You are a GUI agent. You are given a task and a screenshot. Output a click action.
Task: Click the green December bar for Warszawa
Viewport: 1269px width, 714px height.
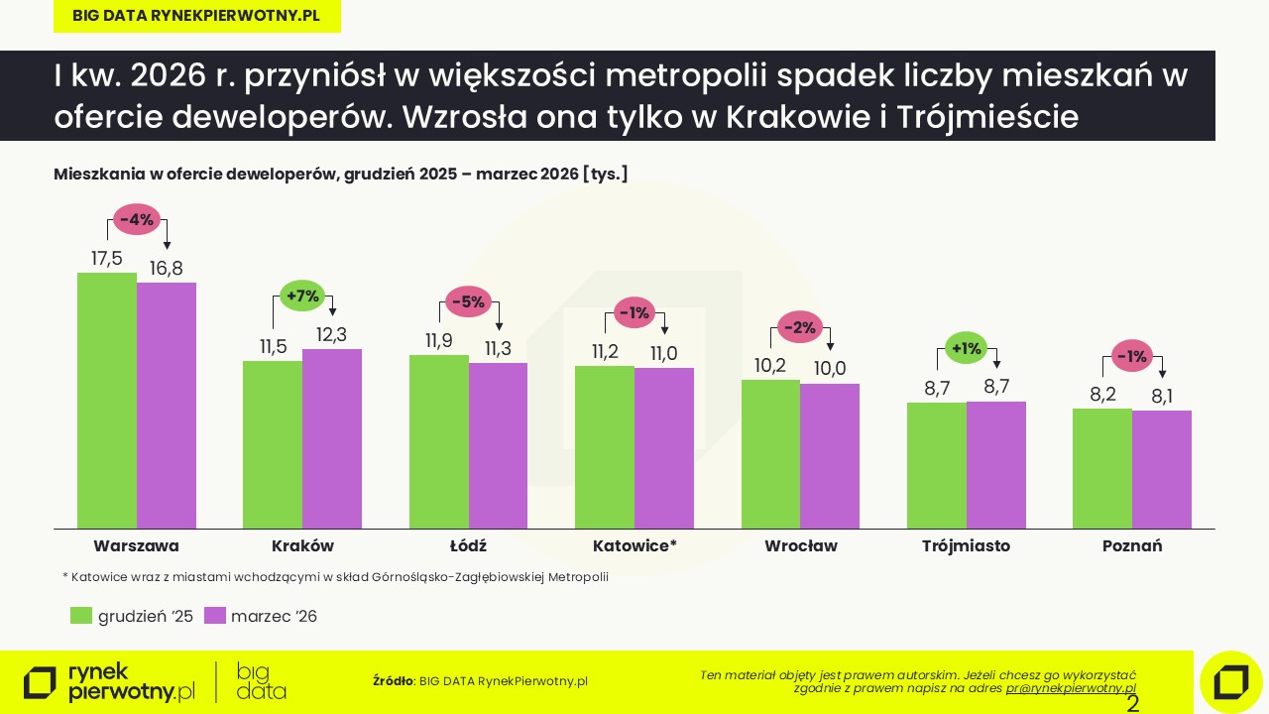click(107, 401)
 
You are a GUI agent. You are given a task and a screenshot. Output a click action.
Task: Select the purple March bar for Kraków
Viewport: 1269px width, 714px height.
click(332, 438)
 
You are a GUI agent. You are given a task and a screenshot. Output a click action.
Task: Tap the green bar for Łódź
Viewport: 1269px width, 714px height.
click(439, 441)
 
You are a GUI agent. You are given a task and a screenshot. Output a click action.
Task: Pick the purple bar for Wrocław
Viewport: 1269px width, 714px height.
click(830, 456)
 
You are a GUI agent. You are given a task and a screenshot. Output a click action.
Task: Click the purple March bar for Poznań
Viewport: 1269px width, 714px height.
click(1162, 469)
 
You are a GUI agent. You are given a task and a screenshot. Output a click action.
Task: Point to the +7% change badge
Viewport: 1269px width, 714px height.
click(302, 296)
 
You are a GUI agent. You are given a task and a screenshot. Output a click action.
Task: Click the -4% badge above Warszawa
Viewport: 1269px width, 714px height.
click(137, 220)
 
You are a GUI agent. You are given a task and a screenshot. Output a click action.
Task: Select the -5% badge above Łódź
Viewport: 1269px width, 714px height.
click(468, 301)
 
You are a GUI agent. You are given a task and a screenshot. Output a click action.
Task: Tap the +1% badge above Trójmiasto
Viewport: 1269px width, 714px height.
click(967, 348)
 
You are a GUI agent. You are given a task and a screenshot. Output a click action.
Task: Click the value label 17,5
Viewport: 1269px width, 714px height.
click(106, 258)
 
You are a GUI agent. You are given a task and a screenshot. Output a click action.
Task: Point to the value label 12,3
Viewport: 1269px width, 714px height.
click(331, 335)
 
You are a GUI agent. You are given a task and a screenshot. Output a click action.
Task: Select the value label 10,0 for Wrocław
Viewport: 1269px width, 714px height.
click(830, 369)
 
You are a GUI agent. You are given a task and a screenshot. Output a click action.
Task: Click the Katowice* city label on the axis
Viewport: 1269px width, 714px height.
click(634, 545)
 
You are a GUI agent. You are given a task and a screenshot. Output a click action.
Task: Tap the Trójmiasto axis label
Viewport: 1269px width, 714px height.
click(966, 545)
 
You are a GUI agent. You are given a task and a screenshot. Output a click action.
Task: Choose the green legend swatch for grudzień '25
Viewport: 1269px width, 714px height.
click(81, 616)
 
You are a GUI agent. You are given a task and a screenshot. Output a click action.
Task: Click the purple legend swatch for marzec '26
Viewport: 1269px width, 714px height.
click(214, 616)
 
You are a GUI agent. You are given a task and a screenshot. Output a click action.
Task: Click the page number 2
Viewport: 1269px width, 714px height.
click(1133, 704)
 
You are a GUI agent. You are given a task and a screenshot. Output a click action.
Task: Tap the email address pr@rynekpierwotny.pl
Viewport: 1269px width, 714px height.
click(1071, 687)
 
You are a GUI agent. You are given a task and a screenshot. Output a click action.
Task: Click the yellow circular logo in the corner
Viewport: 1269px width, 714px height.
click(1230, 682)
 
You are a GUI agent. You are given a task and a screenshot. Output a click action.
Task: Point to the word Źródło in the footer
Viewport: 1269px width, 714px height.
click(394, 681)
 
